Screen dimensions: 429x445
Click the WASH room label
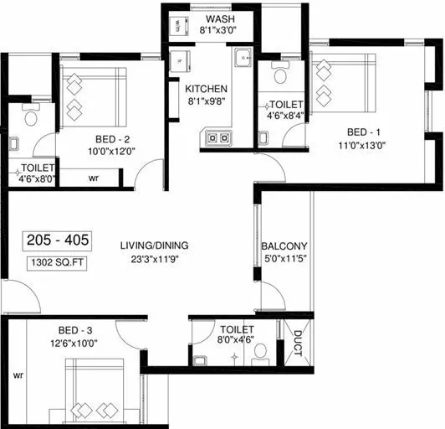point(220,18)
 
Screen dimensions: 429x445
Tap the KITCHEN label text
point(206,88)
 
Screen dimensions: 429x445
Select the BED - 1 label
point(365,132)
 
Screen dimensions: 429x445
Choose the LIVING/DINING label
point(154,246)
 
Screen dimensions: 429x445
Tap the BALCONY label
point(284,246)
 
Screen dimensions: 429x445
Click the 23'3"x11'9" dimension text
point(154,258)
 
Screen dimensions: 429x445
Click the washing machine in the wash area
point(178,28)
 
